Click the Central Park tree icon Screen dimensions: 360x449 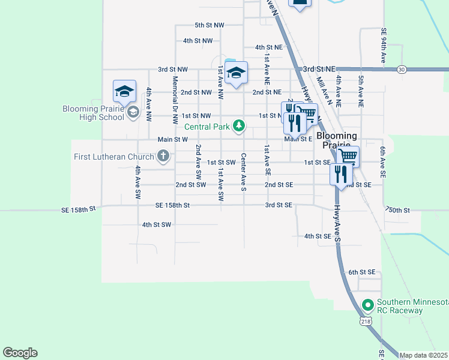pyautogui.click(x=240, y=126)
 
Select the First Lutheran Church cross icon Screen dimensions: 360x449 pyautogui.click(x=162, y=157)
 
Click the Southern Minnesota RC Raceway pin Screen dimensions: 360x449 pyautogui.click(x=368, y=305)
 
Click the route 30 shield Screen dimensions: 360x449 pyautogui.click(x=402, y=70)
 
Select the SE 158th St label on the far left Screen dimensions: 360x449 pyautogui.click(x=79, y=209)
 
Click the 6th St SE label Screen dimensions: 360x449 pyautogui.click(x=361, y=272)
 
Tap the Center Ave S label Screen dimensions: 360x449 pyautogui.click(x=244, y=172)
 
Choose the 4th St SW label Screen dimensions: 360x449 pyautogui.click(x=157, y=224)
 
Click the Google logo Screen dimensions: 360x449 pyautogui.click(x=20, y=353)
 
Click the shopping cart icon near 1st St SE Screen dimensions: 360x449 pyautogui.click(x=348, y=157)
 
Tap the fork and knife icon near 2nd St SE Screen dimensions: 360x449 pyautogui.click(x=340, y=174)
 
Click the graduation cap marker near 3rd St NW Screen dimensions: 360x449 pyautogui.click(x=237, y=73)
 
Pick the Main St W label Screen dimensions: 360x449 pyautogui.click(x=173, y=139)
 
